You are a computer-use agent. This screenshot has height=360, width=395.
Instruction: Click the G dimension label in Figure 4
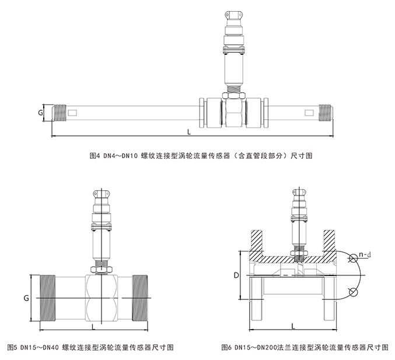pos(40,113)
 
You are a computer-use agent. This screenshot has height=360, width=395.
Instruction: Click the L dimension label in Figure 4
pos(189,132)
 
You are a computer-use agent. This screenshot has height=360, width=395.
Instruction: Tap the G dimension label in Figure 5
pos(26,298)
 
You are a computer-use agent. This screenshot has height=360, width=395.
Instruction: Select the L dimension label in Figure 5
pos(93,327)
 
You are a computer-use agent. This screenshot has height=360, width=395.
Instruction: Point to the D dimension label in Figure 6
pos(236,275)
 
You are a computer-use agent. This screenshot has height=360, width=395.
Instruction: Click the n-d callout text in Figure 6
pos(365,255)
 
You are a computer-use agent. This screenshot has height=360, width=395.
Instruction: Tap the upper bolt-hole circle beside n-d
pos(354,258)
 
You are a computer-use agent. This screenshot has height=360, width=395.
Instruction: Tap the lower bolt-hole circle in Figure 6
pos(354,292)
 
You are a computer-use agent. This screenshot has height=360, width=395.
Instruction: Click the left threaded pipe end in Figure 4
pos(60,113)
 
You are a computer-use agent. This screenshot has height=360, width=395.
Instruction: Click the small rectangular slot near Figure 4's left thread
pos(72,113)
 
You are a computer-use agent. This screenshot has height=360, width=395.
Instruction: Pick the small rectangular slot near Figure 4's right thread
pos(309,113)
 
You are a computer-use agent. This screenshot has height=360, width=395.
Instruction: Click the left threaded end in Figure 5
pos(48,298)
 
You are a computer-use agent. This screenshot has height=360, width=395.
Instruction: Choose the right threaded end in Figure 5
pos(140,298)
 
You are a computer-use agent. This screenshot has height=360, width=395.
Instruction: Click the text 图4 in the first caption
pos(95,156)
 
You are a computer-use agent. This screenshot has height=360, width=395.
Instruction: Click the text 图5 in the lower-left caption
pos(12,347)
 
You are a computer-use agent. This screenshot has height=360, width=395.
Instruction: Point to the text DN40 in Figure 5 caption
pos(51,347)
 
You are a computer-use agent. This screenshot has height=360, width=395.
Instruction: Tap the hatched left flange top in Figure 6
pos(257,240)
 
